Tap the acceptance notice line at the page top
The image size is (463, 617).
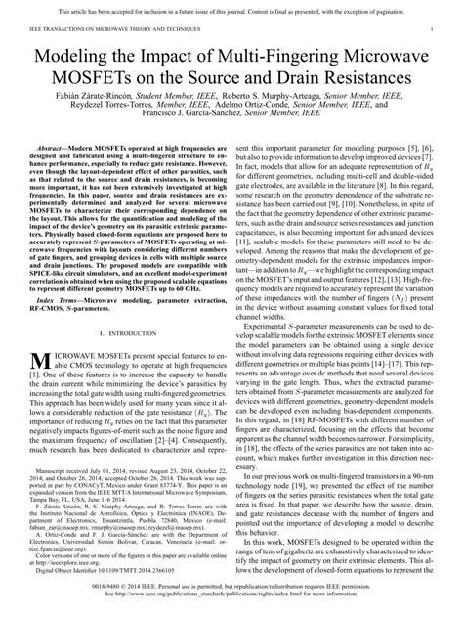[x=231, y=8]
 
